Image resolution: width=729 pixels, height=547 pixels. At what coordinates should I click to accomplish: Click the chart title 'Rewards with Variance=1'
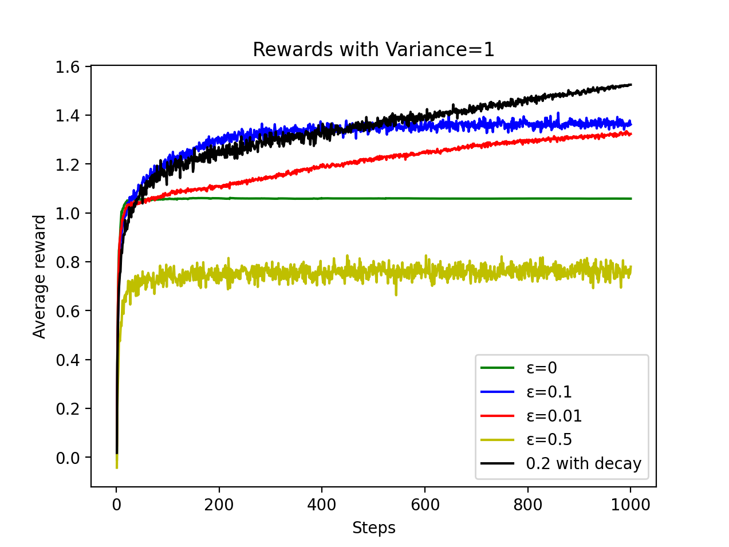pyautogui.click(x=373, y=50)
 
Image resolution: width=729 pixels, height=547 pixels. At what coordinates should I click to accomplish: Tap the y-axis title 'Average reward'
pyautogui.click(x=40, y=277)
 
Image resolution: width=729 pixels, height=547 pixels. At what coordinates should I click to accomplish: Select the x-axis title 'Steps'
pyautogui.click(x=373, y=528)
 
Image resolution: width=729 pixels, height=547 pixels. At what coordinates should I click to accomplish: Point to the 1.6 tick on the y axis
pyautogui.click(x=68, y=67)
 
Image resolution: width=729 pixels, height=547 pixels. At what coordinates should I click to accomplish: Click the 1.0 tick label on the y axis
pyautogui.click(x=68, y=214)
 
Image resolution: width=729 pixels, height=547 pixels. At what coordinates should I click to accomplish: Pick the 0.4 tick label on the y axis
pyautogui.click(x=68, y=360)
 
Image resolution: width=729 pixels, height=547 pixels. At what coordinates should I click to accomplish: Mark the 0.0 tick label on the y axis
pyautogui.click(x=68, y=458)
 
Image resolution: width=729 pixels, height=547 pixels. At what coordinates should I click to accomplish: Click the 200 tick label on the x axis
pyautogui.click(x=219, y=505)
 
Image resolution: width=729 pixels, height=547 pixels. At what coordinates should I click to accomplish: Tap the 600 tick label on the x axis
pyautogui.click(x=425, y=505)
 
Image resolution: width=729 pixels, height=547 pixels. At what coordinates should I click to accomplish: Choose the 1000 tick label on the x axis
pyautogui.click(x=630, y=505)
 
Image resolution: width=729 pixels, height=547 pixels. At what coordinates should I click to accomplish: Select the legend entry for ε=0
pyautogui.click(x=541, y=368)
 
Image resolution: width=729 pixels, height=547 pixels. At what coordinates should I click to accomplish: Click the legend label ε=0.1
pyautogui.click(x=549, y=392)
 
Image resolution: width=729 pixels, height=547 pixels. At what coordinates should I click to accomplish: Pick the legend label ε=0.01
pyautogui.click(x=554, y=416)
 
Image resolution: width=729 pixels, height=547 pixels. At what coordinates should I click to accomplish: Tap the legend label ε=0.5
pyautogui.click(x=549, y=439)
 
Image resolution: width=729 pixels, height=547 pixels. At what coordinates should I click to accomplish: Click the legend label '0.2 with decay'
pyautogui.click(x=583, y=463)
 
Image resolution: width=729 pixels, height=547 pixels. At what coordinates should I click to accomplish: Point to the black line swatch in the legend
pyautogui.click(x=497, y=463)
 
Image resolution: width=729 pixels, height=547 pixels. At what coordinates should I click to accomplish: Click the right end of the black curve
pyautogui.click(x=631, y=85)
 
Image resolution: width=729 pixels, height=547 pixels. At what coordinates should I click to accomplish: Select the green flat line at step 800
pyautogui.click(x=527, y=199)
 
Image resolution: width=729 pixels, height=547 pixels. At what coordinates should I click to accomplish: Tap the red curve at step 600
pyautogui.click(x=425, y=152)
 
